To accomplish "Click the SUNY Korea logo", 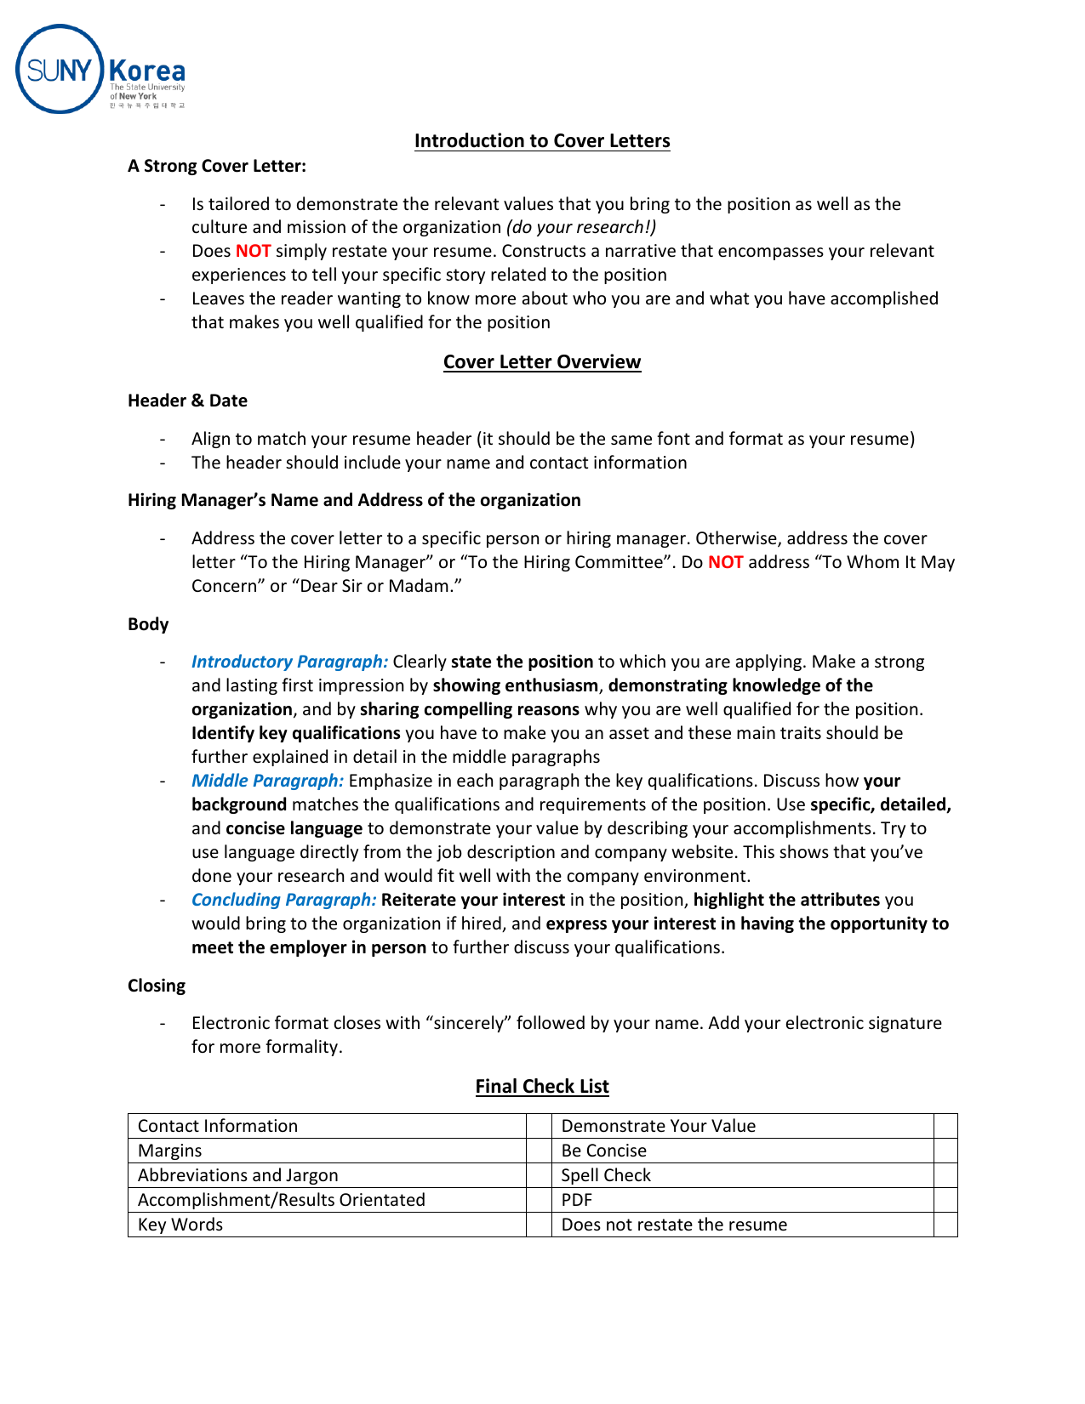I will coord(100,70).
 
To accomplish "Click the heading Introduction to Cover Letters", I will coord(542,141).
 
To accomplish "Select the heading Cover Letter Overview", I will coord(542,362).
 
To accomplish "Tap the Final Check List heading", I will coord(542,1087).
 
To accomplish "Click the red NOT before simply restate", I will coord(253,251).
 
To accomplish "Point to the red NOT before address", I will coord(725,562).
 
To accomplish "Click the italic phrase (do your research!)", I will coord(581,227).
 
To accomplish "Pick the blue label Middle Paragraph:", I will coord(267,781).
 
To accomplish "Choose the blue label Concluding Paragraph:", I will coord(283,900).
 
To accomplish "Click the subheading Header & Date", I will coord(187,401).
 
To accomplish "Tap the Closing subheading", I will coord(157,986).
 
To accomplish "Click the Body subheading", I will coord(148,624).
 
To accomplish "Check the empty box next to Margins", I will coord(539,1151).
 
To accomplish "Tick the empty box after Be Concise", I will coord(945,1151).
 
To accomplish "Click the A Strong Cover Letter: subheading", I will coord(217,166).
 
